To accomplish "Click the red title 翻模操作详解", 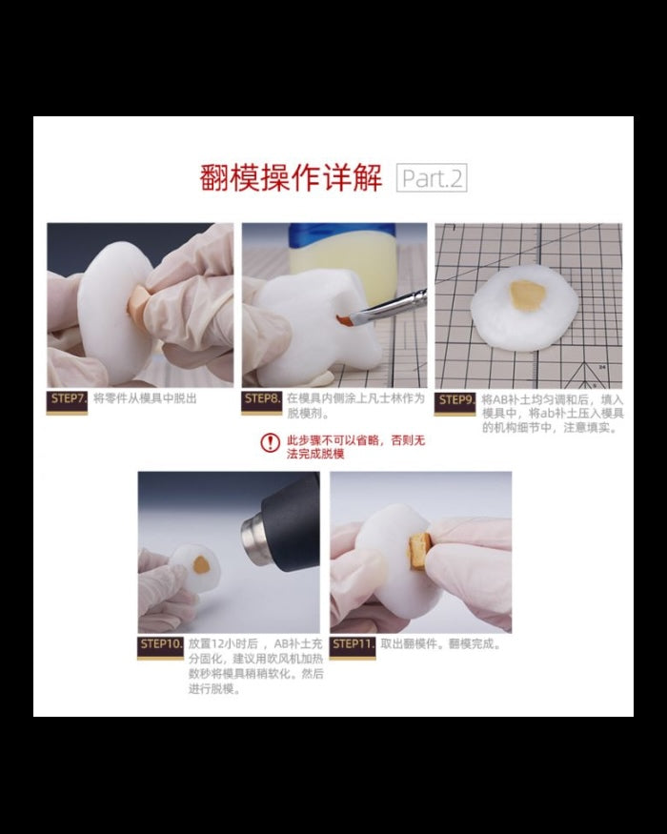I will click(291, 178).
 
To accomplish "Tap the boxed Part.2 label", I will click(432, 178).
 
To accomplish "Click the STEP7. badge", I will click(68, 399).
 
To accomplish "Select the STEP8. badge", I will click(262, 399).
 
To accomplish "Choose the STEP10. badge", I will click(160, 644).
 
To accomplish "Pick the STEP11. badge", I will click(353, 644).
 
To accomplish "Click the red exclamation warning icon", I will click(271, 442).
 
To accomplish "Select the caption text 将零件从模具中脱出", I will click(144, 398).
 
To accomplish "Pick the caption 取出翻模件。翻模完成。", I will click(440, 644).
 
